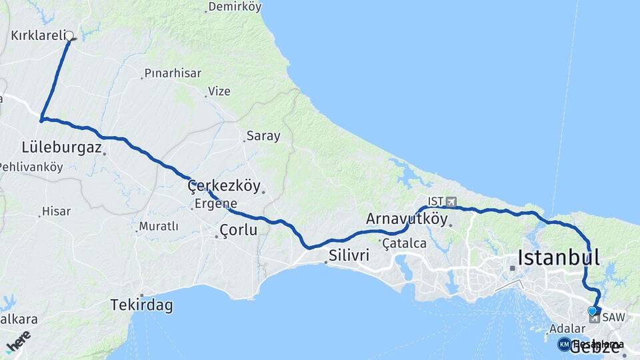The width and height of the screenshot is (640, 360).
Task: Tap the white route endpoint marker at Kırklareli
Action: click(x=69, y=35)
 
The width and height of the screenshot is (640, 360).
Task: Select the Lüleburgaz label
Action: click(x=61, y=147)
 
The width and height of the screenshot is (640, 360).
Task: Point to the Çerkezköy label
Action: click(x=224, y=186)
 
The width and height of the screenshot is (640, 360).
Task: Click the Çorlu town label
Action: click(x=238, y=230)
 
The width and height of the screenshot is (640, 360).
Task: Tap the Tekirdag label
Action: click(x=141, y=305)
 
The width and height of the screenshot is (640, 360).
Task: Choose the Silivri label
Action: click(x=349, y=255)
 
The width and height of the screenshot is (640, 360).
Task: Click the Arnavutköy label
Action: click(x=407, y=218)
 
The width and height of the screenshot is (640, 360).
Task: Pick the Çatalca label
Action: click(x=405, y=243)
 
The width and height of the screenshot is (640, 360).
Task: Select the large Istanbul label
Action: click(x=559, y=257)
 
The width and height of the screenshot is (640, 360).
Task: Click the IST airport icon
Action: click(x=451, y=201)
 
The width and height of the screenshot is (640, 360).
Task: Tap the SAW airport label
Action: click(x=613, y=317)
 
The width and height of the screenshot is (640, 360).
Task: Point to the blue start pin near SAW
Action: click(x=592, y=311)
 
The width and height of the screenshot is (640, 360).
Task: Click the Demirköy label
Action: click(x=235, y=7)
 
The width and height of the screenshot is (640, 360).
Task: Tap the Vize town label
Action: click(x=219, y=91)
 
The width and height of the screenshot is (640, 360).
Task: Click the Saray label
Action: click(x=263, y=136)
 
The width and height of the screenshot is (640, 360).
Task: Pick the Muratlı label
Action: click(x=158, y=227)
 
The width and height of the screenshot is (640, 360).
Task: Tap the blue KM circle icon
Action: click(x=564, y=344)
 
